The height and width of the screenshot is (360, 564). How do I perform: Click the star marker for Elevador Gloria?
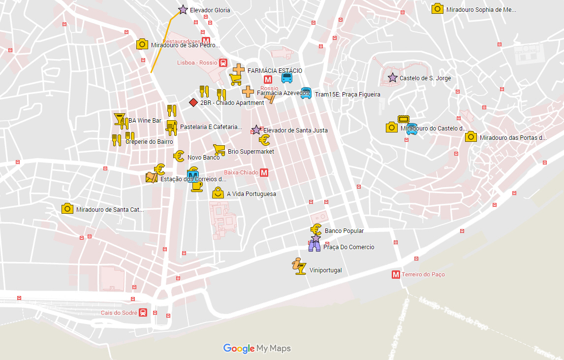[183, 10]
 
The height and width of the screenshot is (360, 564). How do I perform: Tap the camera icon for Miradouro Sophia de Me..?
[437, 9]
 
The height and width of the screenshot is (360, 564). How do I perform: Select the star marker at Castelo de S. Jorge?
[392, 78]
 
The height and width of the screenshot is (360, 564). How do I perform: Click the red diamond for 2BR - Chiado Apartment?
[193, 102]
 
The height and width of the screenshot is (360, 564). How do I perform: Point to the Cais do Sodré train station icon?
[143, 313]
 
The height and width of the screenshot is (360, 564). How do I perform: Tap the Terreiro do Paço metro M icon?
[396, 274]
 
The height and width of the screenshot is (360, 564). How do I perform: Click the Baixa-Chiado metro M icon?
[264, 172]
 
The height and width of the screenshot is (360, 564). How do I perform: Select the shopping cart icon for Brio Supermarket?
[219, 150]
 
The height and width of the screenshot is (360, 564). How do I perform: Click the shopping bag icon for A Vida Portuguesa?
[218, 193]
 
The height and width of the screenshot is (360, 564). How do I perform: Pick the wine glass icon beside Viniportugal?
[299, 266]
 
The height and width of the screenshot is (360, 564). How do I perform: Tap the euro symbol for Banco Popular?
[316, 229]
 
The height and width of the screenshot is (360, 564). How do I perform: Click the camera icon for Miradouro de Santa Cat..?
[67, 209]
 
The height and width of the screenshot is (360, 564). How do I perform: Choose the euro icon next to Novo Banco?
[179, 156]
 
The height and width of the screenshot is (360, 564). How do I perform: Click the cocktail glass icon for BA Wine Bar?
[119, 119]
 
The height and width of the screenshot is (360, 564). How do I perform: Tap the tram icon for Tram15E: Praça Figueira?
[306, 93]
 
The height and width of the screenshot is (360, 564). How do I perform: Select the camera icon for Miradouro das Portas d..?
[470, 137]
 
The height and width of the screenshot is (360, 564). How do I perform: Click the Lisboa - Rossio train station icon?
[223, 63]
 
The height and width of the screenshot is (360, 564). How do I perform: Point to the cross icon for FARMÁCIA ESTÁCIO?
[239, 69]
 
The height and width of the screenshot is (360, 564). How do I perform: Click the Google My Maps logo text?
[257, 349]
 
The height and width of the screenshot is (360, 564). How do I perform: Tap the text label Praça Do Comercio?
[348, 247]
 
